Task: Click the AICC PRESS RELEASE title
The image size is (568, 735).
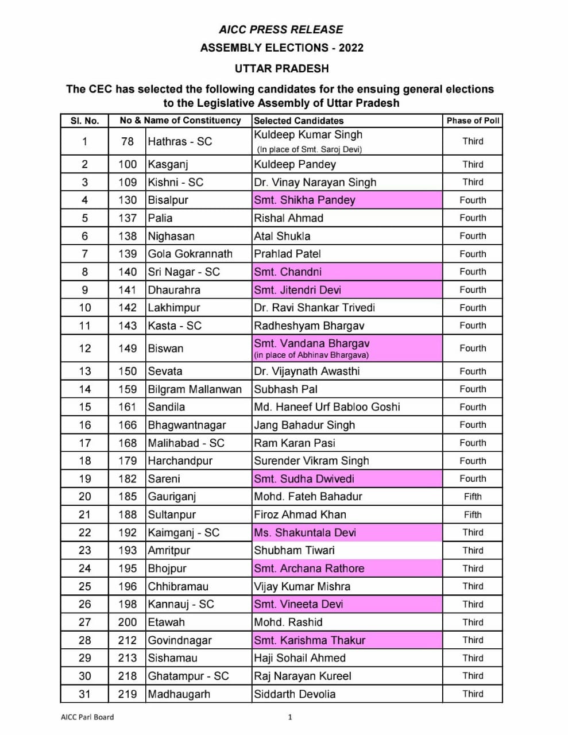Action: coord(281,30)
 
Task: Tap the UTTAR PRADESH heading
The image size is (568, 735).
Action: coord(281,68)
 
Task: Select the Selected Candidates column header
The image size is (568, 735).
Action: coord(299,121)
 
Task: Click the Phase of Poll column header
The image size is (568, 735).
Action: coord(473,121)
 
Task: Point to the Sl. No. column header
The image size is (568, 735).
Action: coord(84,121)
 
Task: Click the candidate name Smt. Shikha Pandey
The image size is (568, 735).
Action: coord(304,200)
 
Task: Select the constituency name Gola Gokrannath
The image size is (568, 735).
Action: coord(190,254)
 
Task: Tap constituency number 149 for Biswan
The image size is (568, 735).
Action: coord(127,348)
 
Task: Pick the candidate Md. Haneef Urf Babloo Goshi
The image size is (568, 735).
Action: coord(327,407)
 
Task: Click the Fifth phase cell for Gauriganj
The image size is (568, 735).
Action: coord(473,497)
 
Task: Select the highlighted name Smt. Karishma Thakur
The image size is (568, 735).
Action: coord(310,640)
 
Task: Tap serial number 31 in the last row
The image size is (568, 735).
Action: coord(84,694)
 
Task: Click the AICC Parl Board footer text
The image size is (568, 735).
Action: coord(87,717)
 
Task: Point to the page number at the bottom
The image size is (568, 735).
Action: coord(290,717)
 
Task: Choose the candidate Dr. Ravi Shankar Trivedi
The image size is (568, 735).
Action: coord(314,308)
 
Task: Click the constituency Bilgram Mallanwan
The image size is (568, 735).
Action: coord(195,389)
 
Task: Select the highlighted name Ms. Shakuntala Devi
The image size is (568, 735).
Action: coord(305,532)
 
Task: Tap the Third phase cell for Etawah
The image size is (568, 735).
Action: coord(473,622)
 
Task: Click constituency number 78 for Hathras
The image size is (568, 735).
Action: coord(127,141)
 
